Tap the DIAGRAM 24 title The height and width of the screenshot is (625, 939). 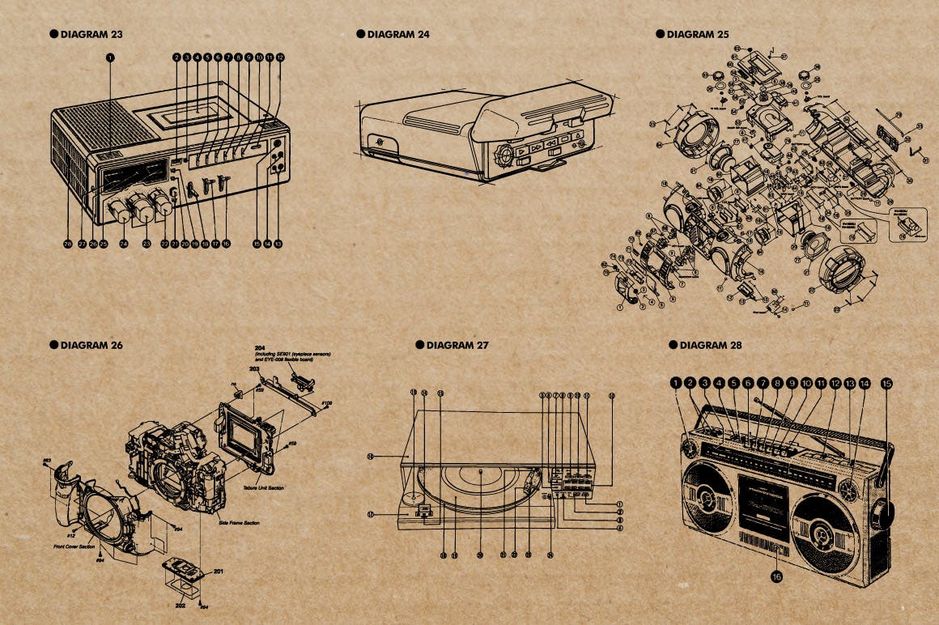pyautogui.click(x=397, y=34)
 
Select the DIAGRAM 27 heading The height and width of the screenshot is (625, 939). pyautogui.click(x=457, y=345)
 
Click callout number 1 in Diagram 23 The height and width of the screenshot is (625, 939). pyautogui.click(x=111, y=57)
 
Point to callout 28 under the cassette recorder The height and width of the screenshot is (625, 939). pyautogui.click(x=68, y=243)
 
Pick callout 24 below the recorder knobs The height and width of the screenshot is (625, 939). pyautogui.click(x=124, y=243)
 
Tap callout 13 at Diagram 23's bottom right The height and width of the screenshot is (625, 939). pyautogui.click(x=278, y=243)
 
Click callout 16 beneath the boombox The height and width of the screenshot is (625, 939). pyautogui.click(x=776, y=577)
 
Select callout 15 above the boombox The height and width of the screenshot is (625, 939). pyautogui.click(x=886, y=383)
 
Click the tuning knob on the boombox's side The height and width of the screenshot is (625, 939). pyautogui.click(x=884, y=513)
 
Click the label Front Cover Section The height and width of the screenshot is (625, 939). pyautogui.click(x=76, y=546)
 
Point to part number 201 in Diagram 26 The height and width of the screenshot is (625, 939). pyautogui.click(x=218, y=572)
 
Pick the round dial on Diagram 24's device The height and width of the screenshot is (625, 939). pyautogui.click(x=502, y=153)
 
